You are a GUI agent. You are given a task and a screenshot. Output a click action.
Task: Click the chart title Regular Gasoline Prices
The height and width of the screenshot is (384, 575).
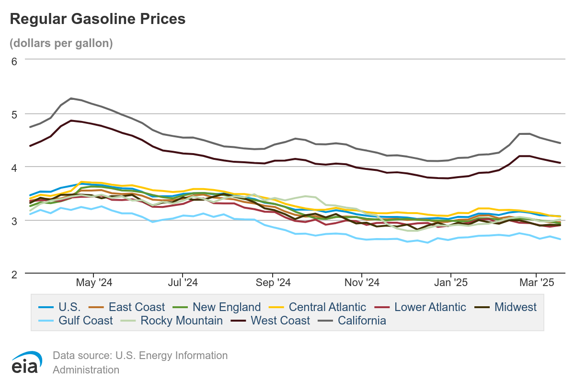tap(97, 19)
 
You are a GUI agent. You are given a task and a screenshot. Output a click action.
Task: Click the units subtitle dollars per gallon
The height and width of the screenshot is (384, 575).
tap(61, 43)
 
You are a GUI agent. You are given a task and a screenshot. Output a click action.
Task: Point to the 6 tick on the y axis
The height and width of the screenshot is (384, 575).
tap(14, 61)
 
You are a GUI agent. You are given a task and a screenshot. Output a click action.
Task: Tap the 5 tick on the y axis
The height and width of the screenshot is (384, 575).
tap(14, 114)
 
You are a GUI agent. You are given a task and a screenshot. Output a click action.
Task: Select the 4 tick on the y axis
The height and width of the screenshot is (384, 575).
tap(14, 168)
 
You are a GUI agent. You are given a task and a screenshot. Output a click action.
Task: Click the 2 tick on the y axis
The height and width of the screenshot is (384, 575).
tap(14, 274)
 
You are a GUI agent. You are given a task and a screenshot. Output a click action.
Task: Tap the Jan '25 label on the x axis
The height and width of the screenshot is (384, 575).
tap(451, 283)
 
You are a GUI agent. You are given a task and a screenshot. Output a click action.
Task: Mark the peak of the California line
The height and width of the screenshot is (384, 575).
tap(71, 98)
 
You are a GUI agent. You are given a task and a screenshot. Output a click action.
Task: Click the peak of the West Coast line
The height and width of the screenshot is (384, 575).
tap(71, 120)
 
